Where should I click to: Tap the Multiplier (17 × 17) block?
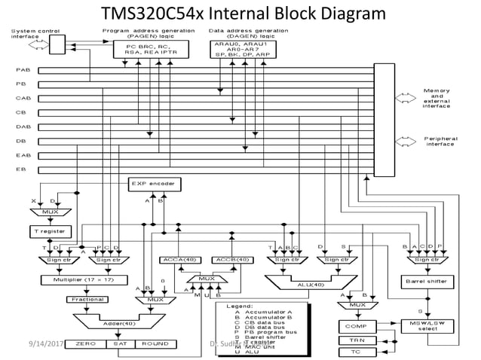77,280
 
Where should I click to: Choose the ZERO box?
80,344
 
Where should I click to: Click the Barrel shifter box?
428,282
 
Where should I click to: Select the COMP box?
355,326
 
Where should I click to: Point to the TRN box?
354,340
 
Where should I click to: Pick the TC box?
354,352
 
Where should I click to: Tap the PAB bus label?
23,69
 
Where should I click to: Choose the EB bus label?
21,169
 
